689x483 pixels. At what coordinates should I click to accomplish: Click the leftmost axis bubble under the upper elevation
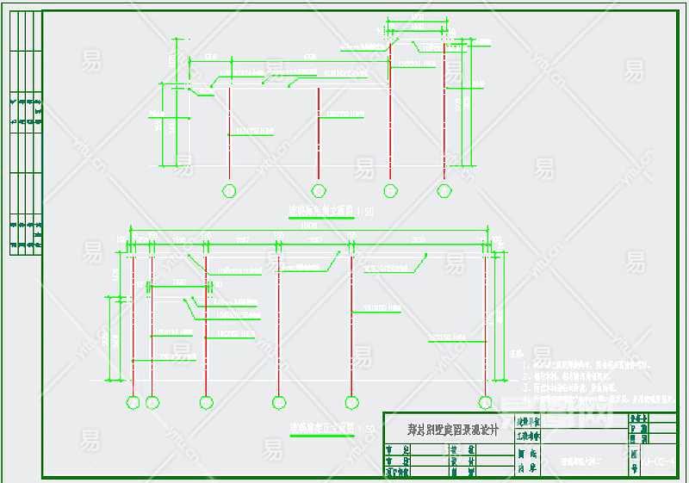(x=229, y=190)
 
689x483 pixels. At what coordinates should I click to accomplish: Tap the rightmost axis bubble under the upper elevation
(x=444, y=190)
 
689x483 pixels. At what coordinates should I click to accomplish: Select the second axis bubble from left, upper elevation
(x=319, y=190)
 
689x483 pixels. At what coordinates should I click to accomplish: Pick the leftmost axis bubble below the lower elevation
(x=133, y=401)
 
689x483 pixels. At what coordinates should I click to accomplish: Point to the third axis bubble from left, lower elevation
(x=206, y=401)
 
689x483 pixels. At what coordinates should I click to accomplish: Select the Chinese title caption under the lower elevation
(x=321, y=427)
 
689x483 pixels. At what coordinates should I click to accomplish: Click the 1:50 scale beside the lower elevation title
(x=366, y=428)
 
